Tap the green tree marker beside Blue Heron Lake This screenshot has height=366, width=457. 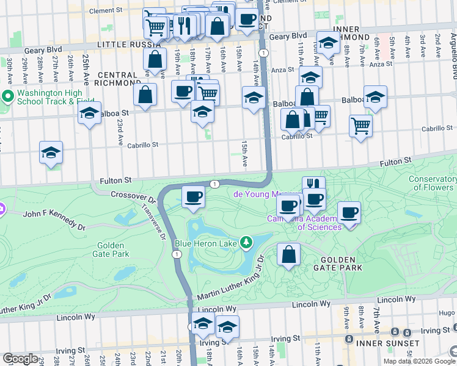(246, 243)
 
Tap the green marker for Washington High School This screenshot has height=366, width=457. (8, 96)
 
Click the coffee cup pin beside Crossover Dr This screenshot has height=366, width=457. (194, 197)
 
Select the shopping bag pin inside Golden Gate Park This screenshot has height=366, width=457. (289, 254)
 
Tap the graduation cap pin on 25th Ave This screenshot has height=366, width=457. (90, 113)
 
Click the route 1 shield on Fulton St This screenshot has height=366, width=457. (214, 184)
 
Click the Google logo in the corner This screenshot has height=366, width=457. (20, 359)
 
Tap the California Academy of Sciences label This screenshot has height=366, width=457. (304, 223)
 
